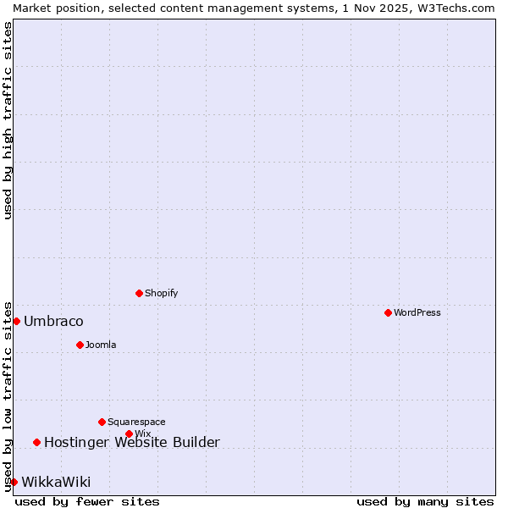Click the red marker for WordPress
(x=388, y=312)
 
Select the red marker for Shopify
(x=139, y=293)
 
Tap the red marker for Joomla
(x=80, y=345)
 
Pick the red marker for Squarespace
(x=102, y=422)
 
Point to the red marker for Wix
(x=129, y=433)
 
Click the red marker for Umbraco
(x=16, y=321)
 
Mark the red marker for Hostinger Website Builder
(x=36, y=442)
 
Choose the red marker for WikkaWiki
(x=14, y=482)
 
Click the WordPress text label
(x=417, y=312)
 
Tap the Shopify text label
(x=161, y=293)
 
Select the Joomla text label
(x=101, y=345)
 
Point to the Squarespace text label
(x=136, y=422)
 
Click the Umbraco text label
(x=53, y=321)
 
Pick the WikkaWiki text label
(x=56, y=482)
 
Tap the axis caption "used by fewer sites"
(x=87, y=501)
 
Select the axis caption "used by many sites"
(x=425, y=501)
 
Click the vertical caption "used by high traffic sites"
(x=8, y=120)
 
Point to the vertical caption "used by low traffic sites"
(x=8, y=395)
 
